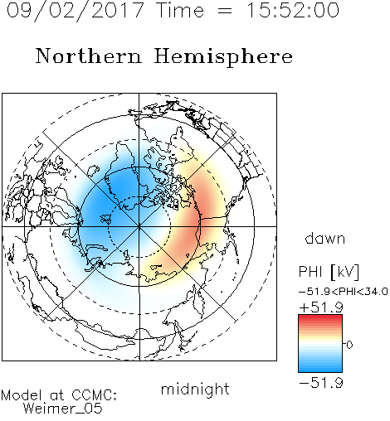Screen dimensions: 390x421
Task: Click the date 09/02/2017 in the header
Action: [76, 11]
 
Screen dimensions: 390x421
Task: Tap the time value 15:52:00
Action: [293, 11]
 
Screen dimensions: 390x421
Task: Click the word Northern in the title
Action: [89, 56]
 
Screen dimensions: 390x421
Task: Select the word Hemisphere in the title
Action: [223, 56]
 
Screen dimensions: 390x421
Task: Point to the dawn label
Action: [325, 238]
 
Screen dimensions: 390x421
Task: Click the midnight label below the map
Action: [195, 390]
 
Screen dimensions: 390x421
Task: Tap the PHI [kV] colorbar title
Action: [329, 272]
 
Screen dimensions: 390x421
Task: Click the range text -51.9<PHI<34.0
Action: [344, 292]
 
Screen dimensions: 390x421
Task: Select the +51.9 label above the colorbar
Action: [321, 307]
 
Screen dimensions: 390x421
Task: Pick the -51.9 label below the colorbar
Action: [321, 383]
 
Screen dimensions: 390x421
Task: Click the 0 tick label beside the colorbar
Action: [349, 345]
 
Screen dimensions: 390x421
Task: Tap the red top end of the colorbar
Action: [320, 317]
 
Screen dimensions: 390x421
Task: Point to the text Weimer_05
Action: [63, 409]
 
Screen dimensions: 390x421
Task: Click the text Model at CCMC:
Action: [59, 395]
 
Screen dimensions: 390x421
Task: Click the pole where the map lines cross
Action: [139, 226]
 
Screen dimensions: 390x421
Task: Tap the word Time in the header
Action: [180, 11]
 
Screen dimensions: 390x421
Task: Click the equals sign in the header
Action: [225, 11]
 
